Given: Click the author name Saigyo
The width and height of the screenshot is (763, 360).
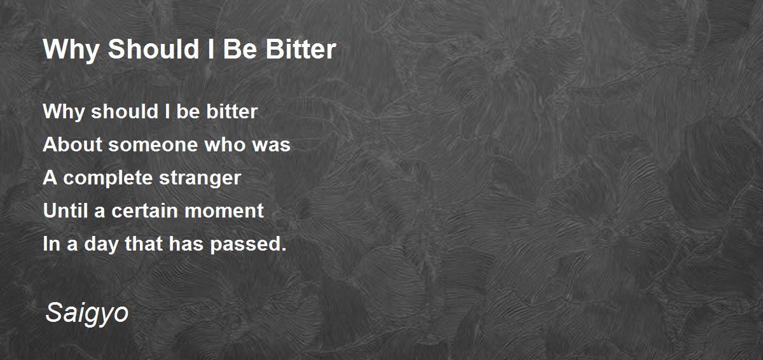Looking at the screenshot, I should coord(87,313).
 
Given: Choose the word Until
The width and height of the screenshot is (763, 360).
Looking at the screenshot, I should coord(65,211).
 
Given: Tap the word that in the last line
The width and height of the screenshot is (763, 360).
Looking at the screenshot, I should coord(144,244).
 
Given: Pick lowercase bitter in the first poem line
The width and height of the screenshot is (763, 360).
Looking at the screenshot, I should coord(231,112).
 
